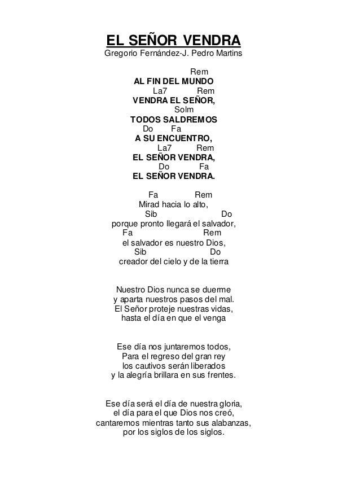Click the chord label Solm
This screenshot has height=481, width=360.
point(184,109)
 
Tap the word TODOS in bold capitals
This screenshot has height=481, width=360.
point(146,120)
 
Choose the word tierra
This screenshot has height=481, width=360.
point(219,262)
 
